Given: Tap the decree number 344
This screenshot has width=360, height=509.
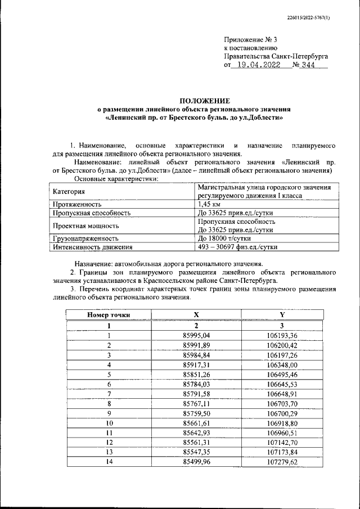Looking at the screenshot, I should pos(308,65).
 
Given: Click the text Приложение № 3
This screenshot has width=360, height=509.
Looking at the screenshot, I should pos(250,39).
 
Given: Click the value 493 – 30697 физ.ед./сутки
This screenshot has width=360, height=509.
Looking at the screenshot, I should pos(238,247).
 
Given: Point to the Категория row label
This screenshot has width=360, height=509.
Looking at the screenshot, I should pos(69,192).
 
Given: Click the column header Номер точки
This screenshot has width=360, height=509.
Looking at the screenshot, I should pos(109,315).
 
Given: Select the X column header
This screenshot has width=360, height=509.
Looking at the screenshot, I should pos(196,315).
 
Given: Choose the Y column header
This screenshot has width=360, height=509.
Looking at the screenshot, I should pos(282,315).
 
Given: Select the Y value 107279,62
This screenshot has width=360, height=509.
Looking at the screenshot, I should pos(282,462).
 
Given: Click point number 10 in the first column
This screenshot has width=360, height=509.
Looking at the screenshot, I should pos(109,422).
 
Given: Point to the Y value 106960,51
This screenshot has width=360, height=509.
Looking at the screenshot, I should pos(282,433).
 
